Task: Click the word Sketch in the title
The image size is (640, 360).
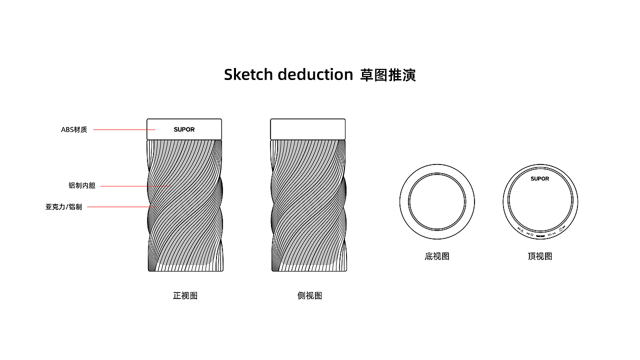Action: (x=248, y=74)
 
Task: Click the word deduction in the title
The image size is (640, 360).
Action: (x=315, y=74)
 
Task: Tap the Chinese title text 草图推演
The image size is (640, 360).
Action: (x=388, y=75)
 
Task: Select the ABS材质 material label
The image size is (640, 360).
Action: (x=74, y=130)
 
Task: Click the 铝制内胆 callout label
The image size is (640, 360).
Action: (x=81, y=186)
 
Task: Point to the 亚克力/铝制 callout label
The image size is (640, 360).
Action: (x=63, y=206)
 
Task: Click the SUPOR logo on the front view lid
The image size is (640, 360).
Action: (x=184, y=129)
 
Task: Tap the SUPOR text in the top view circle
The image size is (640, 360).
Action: (x=540, y=179)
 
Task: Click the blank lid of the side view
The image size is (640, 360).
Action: (x=308, y=129)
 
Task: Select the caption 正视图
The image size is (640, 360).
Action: (x=185, y=295)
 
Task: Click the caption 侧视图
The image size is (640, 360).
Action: (x=309, y=295)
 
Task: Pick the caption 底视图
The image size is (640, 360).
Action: (x=437, y=256)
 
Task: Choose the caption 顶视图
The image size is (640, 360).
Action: (x=540, y=256)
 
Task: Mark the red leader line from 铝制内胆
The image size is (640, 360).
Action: (x=135, y=186)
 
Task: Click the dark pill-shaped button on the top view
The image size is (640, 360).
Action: (x=540, y=235)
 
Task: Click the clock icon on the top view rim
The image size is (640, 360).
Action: (x=531, y=234)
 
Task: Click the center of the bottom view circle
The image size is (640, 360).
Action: (x=437, y=202)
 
